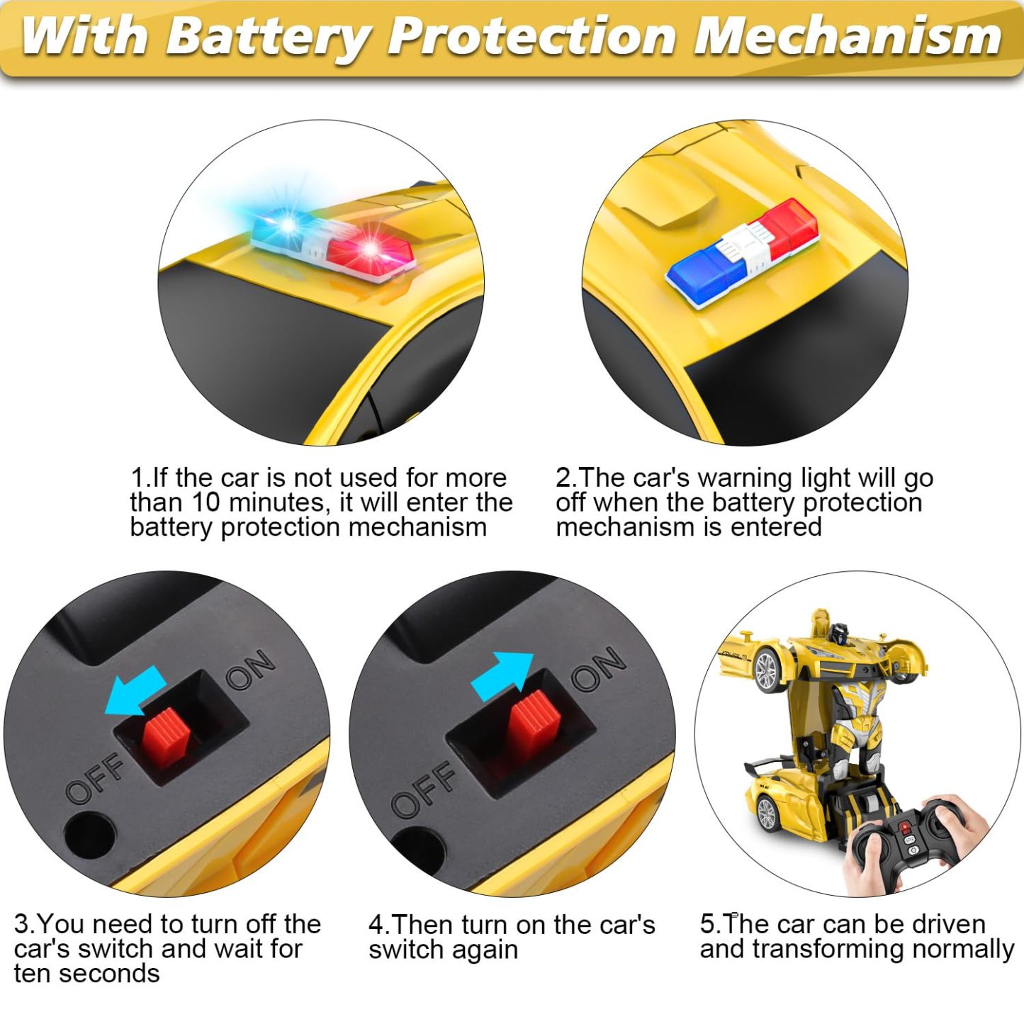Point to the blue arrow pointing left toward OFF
coord(135,692)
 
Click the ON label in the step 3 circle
coord(250,669)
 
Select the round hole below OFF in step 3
coord(89,833)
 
